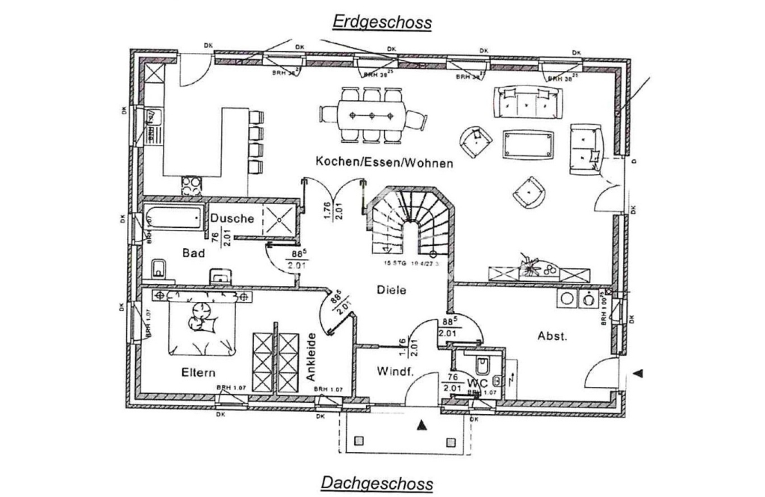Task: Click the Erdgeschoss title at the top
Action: tap(382, 22)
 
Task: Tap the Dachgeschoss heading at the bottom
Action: tap(377, 483)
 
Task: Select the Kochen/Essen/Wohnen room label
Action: tap(384, 161)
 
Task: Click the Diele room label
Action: tap(391, 290)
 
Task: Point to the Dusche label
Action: tap(232, 218)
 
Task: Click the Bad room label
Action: tap(193, 253)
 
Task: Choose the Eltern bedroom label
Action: tap(198, 371)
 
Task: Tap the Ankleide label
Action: tap(312, 358)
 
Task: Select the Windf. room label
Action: tap(395, 371)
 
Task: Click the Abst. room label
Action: tap(553, 336)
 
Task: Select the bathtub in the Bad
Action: tap(173, 217)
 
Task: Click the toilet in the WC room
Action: tap(482, 365)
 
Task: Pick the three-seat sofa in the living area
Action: tap(528, 102)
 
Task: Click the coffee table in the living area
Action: tap(529, 143)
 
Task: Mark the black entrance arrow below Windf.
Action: tap(422, 426)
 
